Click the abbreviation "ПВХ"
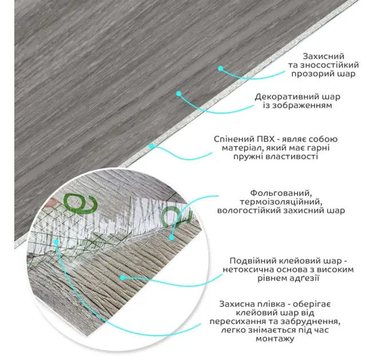[x=257, y=139]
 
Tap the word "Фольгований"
[x=280, y=193]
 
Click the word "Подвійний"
[x=253, y=260]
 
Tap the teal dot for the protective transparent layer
[x=220, y=68]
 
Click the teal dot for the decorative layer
[x=178, y=93]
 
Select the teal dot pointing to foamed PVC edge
[x=152, y=146]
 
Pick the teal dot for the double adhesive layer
[x=122, y=277]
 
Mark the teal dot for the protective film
[x=57, y=242]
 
